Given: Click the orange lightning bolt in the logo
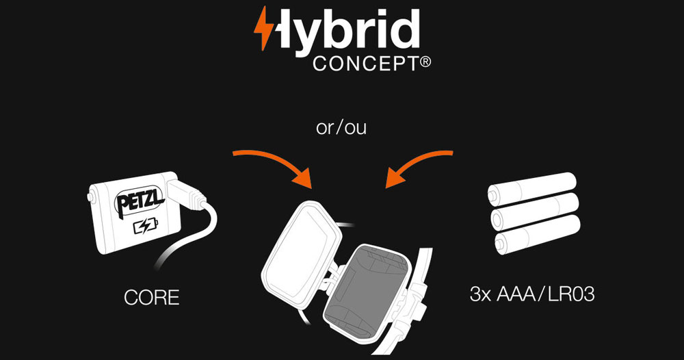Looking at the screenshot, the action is [263, 28].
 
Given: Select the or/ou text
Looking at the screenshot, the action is [341, 128].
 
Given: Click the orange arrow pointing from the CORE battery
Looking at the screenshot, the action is [279, 160].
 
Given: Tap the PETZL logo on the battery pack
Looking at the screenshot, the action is [140, 202].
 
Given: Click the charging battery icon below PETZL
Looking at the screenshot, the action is [146, 227].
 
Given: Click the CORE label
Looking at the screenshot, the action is [151, 298].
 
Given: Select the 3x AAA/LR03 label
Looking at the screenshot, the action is [531, 294].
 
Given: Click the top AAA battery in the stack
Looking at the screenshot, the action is [532, 188].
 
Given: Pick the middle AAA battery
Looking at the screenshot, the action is [535, 211].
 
